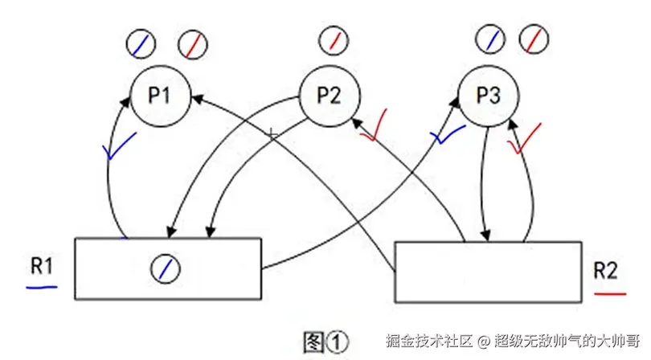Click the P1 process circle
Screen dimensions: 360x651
coord(159,96)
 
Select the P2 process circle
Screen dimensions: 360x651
coord(328,95)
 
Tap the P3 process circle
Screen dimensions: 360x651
coord(488,96)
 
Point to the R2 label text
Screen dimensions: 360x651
coord(605,271)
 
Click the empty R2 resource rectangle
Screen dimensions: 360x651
coord(487,271)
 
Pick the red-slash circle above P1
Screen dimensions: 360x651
coord(192,43)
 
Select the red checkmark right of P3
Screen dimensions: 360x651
coord(523,137)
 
